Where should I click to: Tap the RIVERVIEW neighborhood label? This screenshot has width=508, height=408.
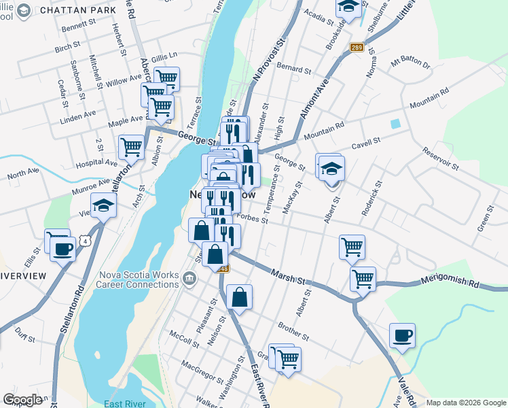[x=22, y=275]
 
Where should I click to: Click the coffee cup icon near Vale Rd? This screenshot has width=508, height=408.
[x=402, y=335]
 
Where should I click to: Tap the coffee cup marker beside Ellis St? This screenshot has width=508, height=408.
[x=62, y=248]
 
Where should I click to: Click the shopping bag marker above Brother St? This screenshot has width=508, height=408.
[x=239, y=296]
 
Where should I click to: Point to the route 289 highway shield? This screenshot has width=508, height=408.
[x=357, y=47]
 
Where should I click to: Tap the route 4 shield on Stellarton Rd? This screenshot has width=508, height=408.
[x=84, y=241]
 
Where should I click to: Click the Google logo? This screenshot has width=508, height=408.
[x=22, y=400]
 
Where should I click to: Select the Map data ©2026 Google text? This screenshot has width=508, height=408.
[x=466, y=403]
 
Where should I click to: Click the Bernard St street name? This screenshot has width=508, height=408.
[x=293, y=70]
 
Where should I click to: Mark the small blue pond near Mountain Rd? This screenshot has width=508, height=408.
[x=395, y=124]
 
